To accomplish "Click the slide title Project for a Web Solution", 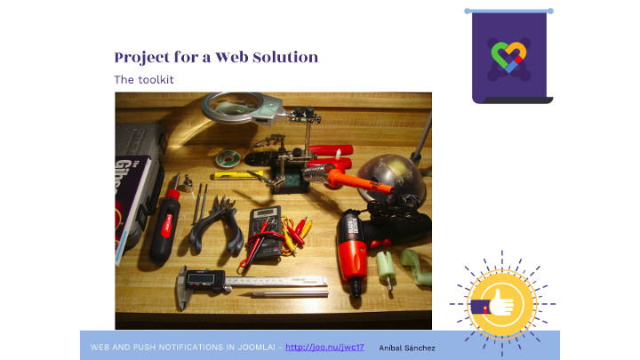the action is pos(216,57).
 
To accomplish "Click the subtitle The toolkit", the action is pos(144,80).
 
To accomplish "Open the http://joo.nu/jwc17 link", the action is pos(324,348).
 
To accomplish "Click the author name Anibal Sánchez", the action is pos(407,348).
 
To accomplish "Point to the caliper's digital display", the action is pos(201,278).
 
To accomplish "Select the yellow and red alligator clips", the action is pos(297,235).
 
